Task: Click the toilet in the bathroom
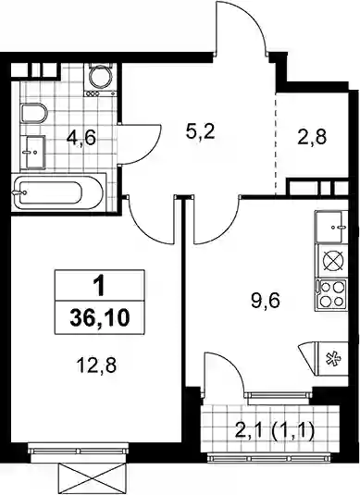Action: coord(34,113)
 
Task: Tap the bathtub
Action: coord(58,192)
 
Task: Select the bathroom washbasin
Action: coord(32,152)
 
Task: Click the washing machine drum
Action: coord(100,76)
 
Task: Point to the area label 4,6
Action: coord(81,138)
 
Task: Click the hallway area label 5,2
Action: coord(201,132)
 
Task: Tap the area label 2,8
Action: coord(312,137)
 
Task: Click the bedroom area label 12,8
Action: coord(96,365)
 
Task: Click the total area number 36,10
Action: coord(100,317)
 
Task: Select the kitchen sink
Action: coord(331,227)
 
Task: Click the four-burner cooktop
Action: coord(331,293)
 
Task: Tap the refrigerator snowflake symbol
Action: coord(333,359)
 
